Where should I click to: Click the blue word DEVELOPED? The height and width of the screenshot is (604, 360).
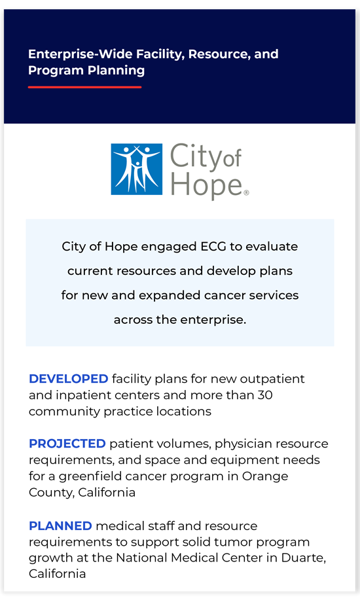pyautogui.click(x=68, y=379)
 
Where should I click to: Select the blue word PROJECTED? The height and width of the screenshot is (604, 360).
pyautogui.click(x=67, y=444)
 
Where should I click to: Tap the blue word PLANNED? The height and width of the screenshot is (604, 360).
pyautogui.click(x=60, y=526)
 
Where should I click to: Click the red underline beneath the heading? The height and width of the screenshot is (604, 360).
pyautogui.click(x=85, y=87)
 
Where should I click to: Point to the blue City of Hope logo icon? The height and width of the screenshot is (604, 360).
pyautogui.click(x=136, y=169)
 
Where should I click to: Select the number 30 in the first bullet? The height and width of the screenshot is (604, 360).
pyautogui.click(x=265, y=395)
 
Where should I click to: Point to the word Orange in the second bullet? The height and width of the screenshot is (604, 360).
pyautogui.click(x=265, y=476)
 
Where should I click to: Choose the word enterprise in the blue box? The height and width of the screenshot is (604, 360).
pyautogui.click(x=212, y=320)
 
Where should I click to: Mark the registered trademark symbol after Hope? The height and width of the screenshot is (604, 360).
pyautogui.click(x=246, y=192)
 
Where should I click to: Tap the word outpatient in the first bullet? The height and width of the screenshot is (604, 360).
pyautogui.click(x=272, y=379)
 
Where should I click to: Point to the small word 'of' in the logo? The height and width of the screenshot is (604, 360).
pyautogui.click(x=232, y=158)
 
